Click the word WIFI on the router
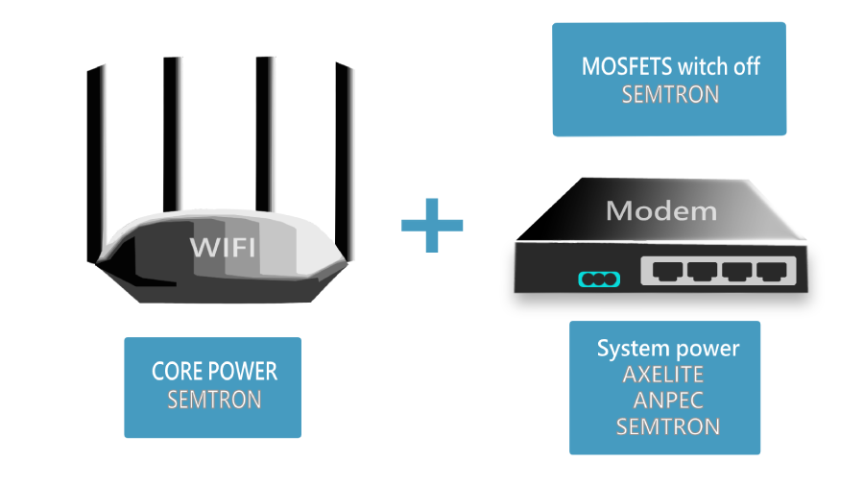[x=222, y=247]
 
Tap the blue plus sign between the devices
[x=431, y=227]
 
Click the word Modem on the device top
[x=661, y=210]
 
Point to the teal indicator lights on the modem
[x=599, y=279]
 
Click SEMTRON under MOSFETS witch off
[x=670, y=95]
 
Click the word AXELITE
[x=663, y=375]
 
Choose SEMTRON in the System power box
[x=667, y=425]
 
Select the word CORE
[x=178, y=372]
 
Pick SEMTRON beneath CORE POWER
[x=214, y=400]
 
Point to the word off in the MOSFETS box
[x=745, y=67]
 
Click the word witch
[x=705, y=67]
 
